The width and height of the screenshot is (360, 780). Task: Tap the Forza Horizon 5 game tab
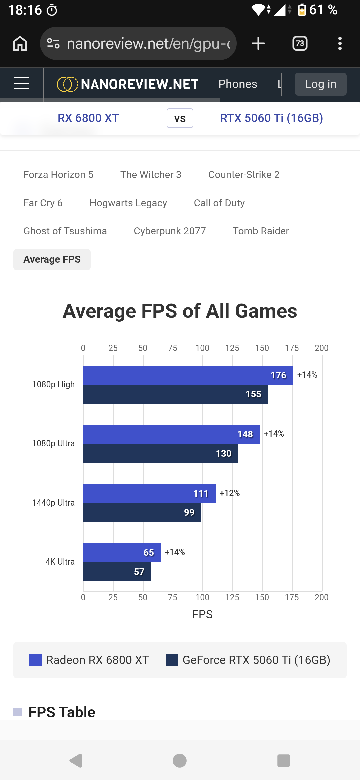coord(58,175)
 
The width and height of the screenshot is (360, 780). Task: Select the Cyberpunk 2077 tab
coord(170,231)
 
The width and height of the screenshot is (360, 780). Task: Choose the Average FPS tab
coord(52,259)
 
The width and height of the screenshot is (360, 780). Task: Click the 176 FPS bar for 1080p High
coord(188,375)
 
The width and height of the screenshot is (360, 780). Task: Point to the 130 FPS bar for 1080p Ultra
coord(161,453)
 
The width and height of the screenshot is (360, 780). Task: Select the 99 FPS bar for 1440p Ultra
coord(142,513)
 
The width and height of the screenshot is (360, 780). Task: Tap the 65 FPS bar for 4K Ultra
coord(122,553)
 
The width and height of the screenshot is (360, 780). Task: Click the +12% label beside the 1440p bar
coord(230,493)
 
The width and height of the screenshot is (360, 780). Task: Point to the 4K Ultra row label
coord(60,562)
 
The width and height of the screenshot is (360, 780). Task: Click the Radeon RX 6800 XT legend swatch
coord(36,660)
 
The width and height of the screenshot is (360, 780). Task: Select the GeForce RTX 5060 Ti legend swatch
coord(172,660)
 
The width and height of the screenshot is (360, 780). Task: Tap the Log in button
coord(321,84)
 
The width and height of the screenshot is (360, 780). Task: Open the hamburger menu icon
coord(22,83)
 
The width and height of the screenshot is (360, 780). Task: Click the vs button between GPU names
coord(180,118)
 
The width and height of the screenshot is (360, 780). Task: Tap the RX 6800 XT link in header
coord(88,118)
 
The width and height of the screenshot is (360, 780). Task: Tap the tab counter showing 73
coord(300,43)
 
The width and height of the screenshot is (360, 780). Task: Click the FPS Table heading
coord(62,712)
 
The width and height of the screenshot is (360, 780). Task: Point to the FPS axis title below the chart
coord(202,614)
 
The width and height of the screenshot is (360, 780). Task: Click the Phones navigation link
coord(238,84)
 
